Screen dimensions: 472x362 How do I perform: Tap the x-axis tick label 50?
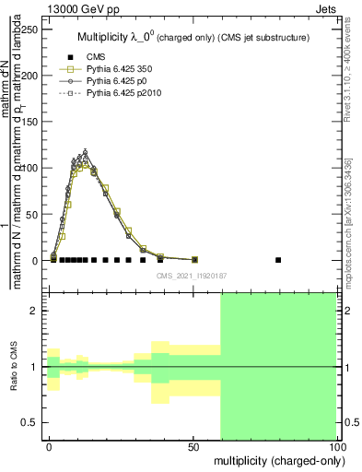coord(193,447)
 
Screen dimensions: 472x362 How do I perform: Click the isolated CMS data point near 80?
coord(279,260)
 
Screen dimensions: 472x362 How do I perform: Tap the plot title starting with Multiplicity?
coord(193,38)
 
